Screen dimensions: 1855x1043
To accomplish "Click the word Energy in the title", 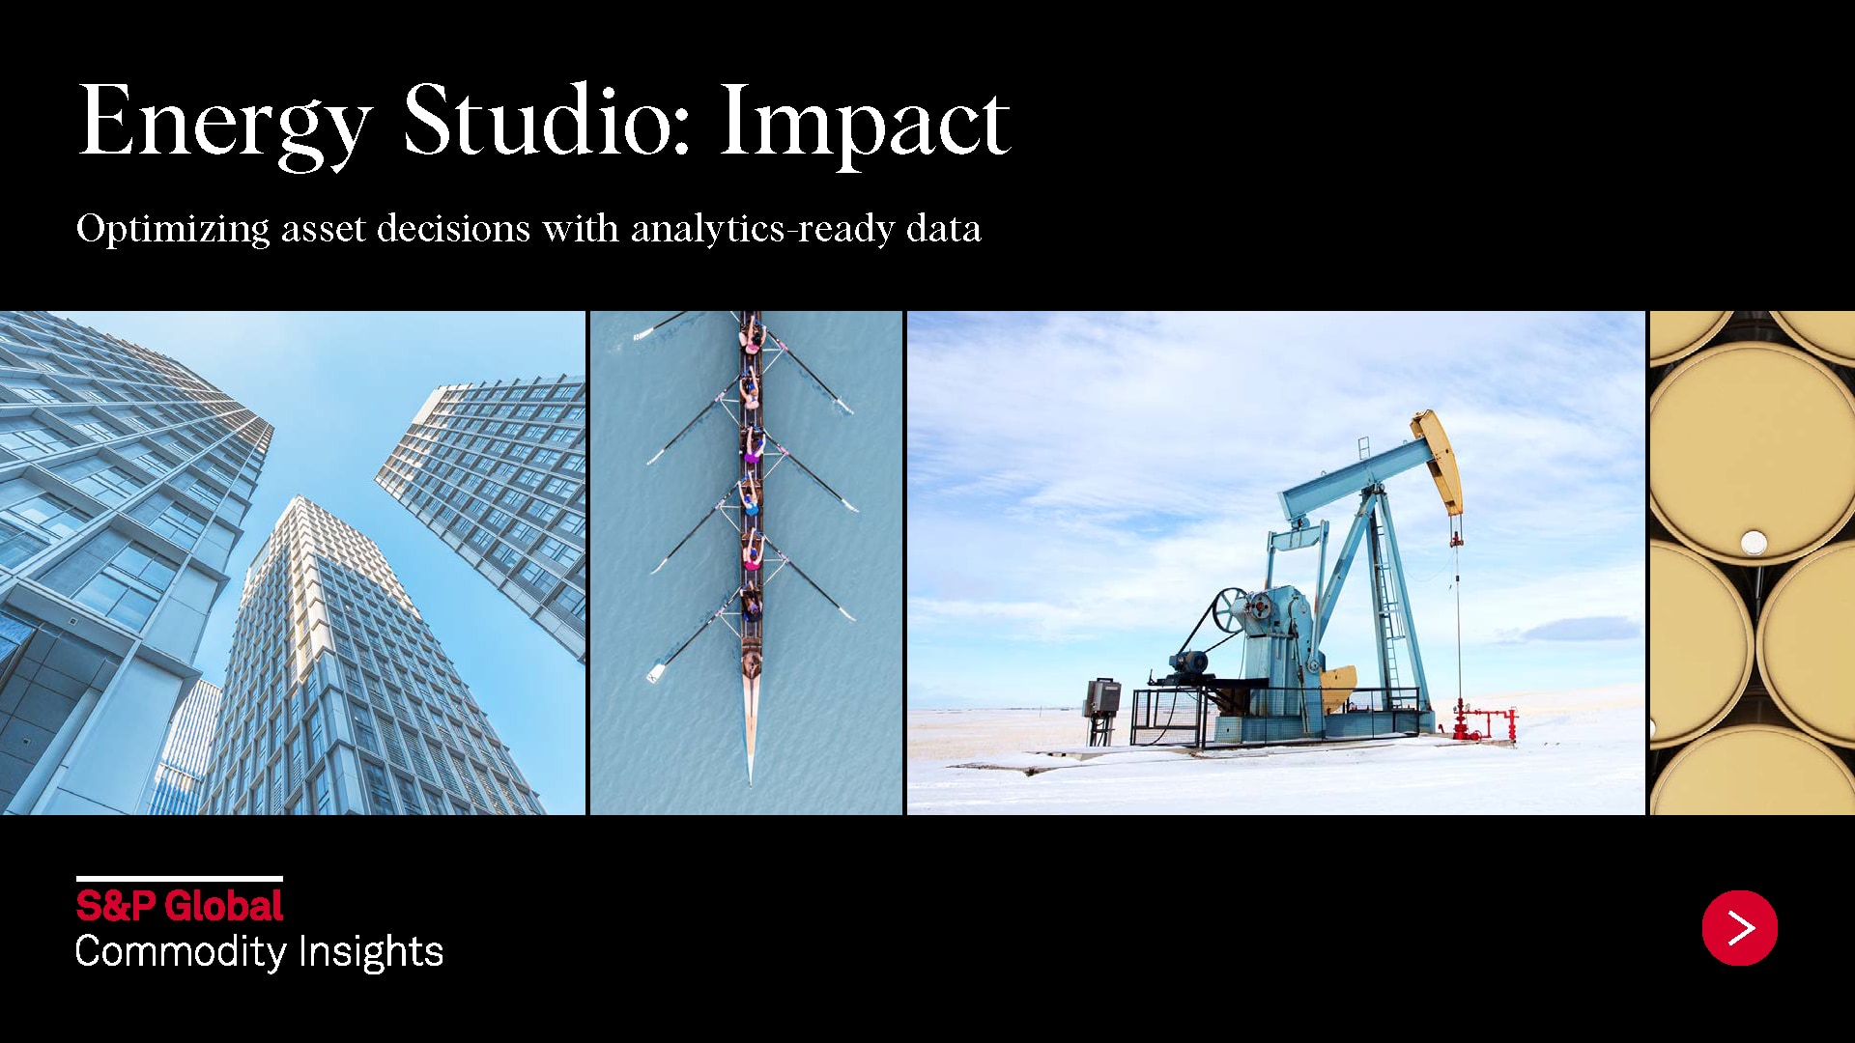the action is pos(225,124).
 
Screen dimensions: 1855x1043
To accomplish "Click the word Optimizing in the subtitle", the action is pos(173,230).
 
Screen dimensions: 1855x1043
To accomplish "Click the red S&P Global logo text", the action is pos(180,906).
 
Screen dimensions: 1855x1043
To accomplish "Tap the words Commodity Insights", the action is pos(259,952).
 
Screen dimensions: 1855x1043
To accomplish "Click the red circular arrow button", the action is pos(1740,928).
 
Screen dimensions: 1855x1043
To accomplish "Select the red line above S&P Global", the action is pos(180,879).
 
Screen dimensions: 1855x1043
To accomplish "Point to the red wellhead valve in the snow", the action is pos(1477,722).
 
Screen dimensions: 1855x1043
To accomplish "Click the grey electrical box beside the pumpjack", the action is pos(1102,697).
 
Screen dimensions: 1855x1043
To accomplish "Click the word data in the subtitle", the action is pos(944,229).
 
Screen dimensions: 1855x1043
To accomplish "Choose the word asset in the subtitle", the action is pos(324,230).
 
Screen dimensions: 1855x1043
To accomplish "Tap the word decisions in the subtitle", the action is pos(454,229).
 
